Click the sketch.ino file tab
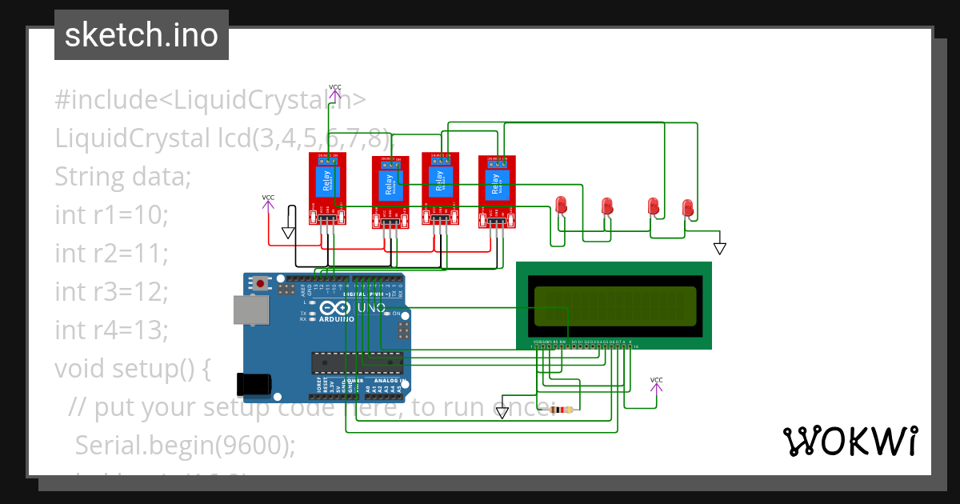142,35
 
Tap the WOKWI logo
850,441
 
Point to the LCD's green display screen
614,306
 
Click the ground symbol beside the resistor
502,412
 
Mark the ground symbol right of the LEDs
719,248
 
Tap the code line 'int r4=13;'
111,330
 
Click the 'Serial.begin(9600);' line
185,445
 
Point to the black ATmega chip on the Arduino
355,362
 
